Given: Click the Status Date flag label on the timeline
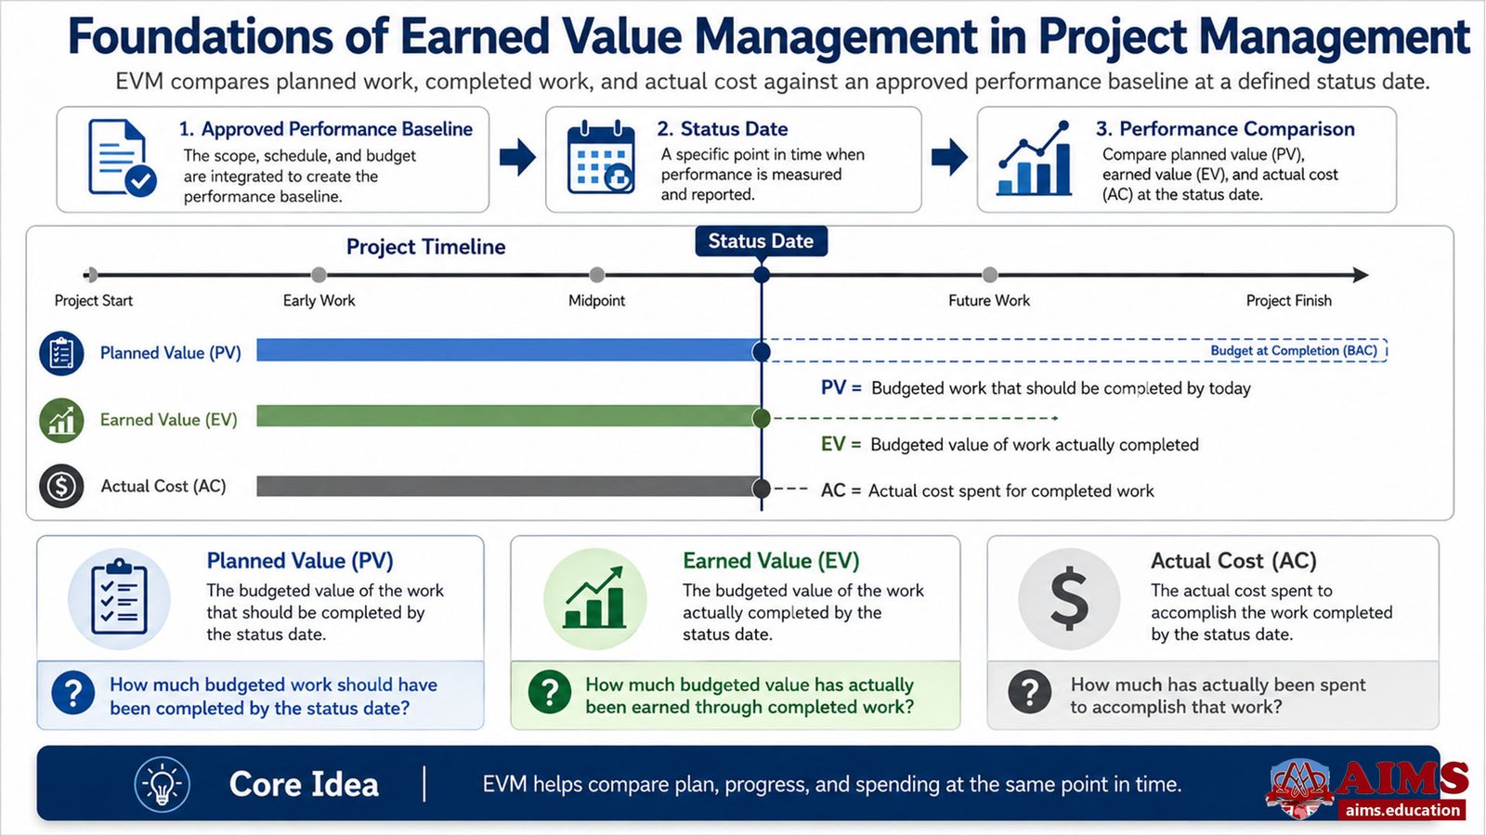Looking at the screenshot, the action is click(x=761, y=241).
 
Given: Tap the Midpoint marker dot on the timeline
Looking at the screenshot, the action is click(x=596, y=275).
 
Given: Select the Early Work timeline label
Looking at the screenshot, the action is click(x=319, y=301).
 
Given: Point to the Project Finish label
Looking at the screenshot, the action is click(x=1288, y=301).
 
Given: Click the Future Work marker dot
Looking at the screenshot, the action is click(x=989, y=275).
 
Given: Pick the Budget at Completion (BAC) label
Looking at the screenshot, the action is click(x=1294, y=350).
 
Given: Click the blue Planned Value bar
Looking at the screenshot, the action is click(x=508, y=350).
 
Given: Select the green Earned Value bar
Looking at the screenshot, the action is click(x=508, y=416).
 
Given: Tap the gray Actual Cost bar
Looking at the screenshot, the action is click(x=508, y=486).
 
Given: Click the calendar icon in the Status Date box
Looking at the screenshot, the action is click(x=601, y=157).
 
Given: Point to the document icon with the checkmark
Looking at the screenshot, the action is click(x=122, y=158).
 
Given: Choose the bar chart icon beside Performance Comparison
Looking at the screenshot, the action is click(x=1034, y=159).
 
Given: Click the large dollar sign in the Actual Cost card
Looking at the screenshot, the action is click(x=1069, y=598).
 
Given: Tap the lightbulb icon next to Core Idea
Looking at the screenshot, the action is click(x=162, y=784).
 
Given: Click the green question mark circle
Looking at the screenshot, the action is click(x=549, y=692).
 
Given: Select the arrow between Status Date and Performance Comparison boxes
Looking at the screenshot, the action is click(x=949, y=157).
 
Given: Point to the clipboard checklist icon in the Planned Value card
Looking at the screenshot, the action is click(x=120, y=596).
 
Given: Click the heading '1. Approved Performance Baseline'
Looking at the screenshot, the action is click(x=326, y=129).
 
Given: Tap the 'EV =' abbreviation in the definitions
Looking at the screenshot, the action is click(x=841, y=444).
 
